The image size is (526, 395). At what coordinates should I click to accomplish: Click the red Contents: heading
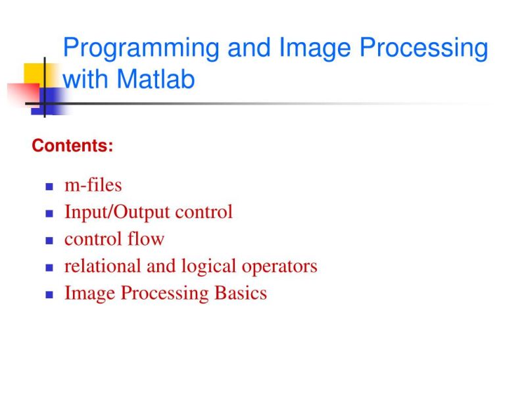click(72, 145)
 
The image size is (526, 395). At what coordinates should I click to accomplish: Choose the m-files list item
click(93, 185)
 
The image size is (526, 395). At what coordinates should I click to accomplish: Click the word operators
click(279, 267)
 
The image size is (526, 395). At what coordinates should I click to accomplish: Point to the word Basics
click(241, 293)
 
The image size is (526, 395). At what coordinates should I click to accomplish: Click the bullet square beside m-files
click(49, 187)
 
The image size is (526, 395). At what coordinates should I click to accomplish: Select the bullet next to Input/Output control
click(49, 214)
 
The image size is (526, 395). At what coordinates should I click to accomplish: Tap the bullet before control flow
click(49, 241)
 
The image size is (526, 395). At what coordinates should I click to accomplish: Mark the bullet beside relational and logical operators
click(49, 268)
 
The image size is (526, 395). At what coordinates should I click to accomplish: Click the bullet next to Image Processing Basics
click(49, 295)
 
